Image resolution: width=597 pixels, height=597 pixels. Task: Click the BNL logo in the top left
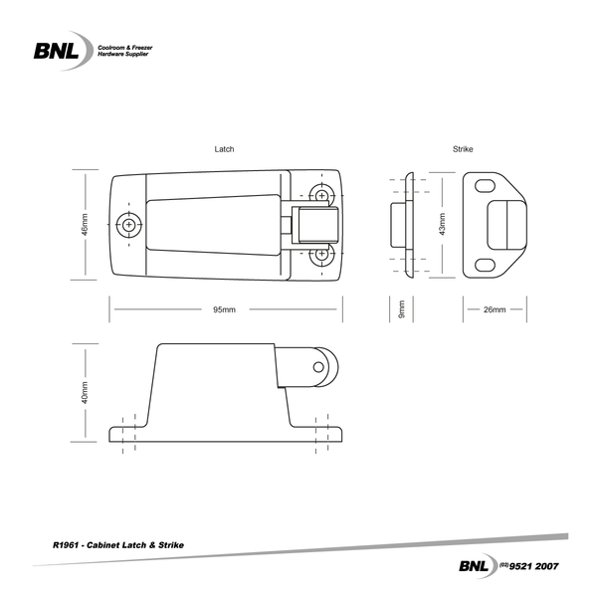(x=61, y=50)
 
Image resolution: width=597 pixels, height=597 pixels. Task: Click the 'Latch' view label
(x=225, y=148)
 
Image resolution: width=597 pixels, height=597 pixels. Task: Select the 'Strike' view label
(x=463, y=148)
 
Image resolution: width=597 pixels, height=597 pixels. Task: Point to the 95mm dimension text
(x=225, y=310)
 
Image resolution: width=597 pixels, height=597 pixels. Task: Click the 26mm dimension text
(x=495, y=310)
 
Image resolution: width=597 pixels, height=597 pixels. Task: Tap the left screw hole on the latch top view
(x=128, y=226)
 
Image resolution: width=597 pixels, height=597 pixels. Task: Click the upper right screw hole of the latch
(x=321, y=193)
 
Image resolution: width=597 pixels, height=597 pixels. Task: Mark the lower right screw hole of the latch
(x=321, y=257)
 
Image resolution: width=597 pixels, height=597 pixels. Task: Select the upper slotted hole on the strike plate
(x=486, y=186)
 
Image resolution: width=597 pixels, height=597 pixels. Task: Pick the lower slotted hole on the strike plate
(x=486, y=264)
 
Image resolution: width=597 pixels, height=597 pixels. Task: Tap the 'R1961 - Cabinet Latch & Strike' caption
(x=117, y=546)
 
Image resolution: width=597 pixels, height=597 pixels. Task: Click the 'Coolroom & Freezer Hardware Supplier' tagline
(x=123, y=51)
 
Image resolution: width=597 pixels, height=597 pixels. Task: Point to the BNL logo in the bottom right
(x=474, y=565)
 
